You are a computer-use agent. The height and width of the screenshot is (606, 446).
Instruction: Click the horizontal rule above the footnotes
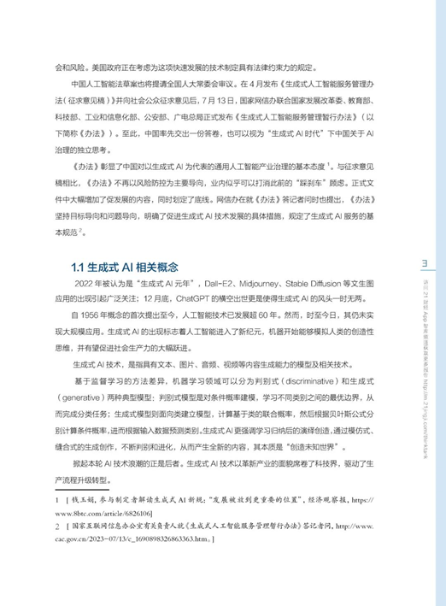pyautogui.click(x=128, y=509)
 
